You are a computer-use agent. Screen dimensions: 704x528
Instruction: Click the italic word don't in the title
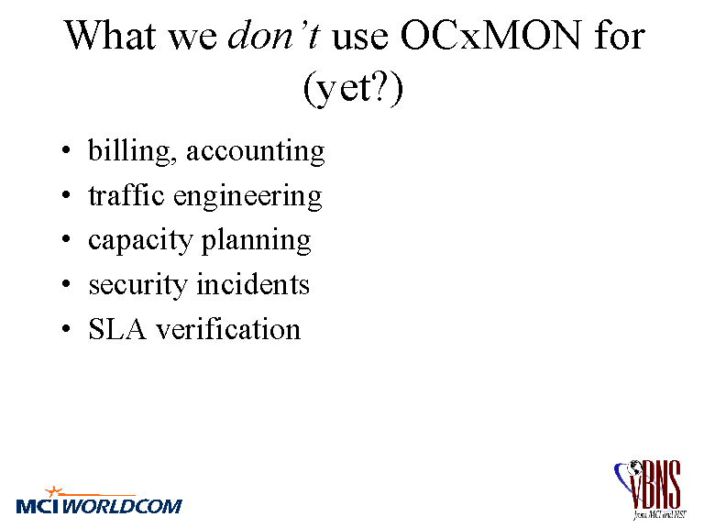coord(274,35)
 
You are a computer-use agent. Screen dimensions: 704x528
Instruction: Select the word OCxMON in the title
coord(490,35)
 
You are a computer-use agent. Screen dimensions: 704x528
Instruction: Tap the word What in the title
coord(110,35)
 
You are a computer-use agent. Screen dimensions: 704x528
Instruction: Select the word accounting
coord(256,151)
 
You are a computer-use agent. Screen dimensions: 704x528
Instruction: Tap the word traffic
coord(126,195)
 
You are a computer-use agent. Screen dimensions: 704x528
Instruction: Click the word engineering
coord(247,197)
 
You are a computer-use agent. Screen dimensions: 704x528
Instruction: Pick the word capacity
coord(140,241)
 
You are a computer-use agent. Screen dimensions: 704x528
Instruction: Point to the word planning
coord(256,240)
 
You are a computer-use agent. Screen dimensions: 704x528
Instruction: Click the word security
coord(137,286)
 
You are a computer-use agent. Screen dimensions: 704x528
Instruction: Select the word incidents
coord(253,284)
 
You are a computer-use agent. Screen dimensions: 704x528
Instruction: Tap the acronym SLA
coord(117,329)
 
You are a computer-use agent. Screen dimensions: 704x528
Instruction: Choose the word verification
coord(228,328)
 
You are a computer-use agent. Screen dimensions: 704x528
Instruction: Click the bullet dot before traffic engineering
coord(66,195)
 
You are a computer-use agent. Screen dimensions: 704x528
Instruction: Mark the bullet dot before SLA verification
coord(66,329)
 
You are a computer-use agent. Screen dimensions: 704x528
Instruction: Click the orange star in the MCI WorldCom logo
coord(53,491)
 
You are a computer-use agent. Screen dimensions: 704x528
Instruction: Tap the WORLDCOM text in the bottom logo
coord(122,506)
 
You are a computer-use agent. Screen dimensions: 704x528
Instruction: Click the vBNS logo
coord(649,489)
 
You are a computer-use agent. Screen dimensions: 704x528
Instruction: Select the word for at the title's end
coord(620,35)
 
